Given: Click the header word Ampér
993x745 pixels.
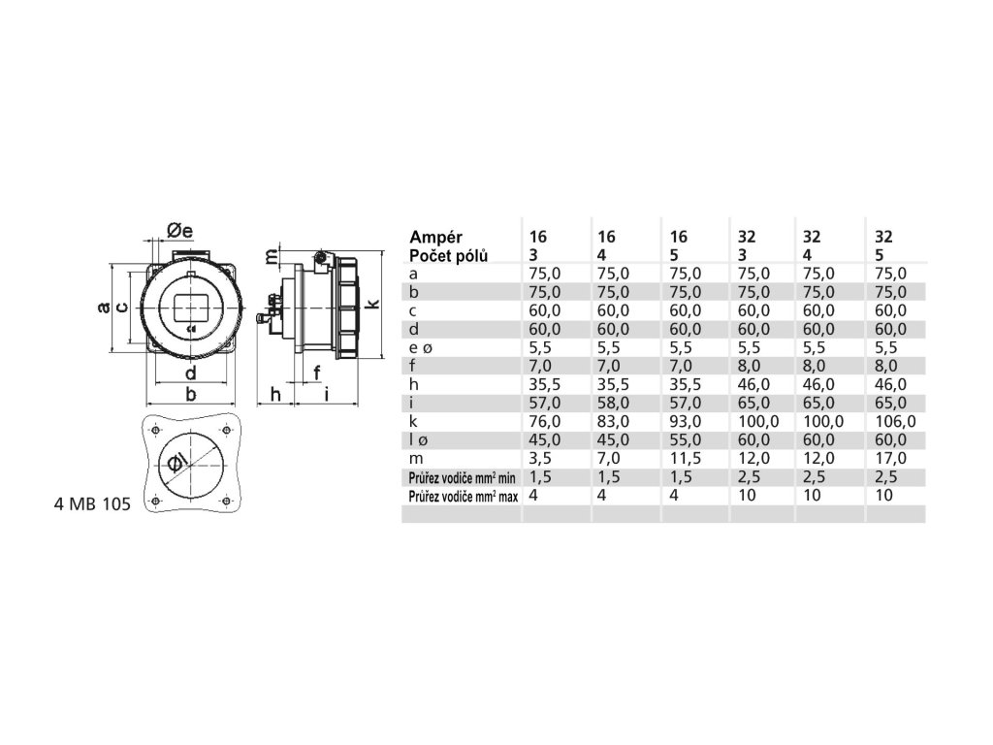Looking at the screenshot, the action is (436, 237).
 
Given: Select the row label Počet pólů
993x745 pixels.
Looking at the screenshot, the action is (449, 255).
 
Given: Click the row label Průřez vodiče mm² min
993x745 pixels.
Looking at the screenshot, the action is (462, 476).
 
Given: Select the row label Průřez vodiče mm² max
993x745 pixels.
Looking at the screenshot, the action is (463, 495).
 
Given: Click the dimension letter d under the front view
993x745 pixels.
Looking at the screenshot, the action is (191, 373).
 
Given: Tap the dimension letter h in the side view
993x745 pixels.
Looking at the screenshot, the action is (275, 394).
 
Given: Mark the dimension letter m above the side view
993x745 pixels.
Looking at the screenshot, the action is (272, 256).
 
